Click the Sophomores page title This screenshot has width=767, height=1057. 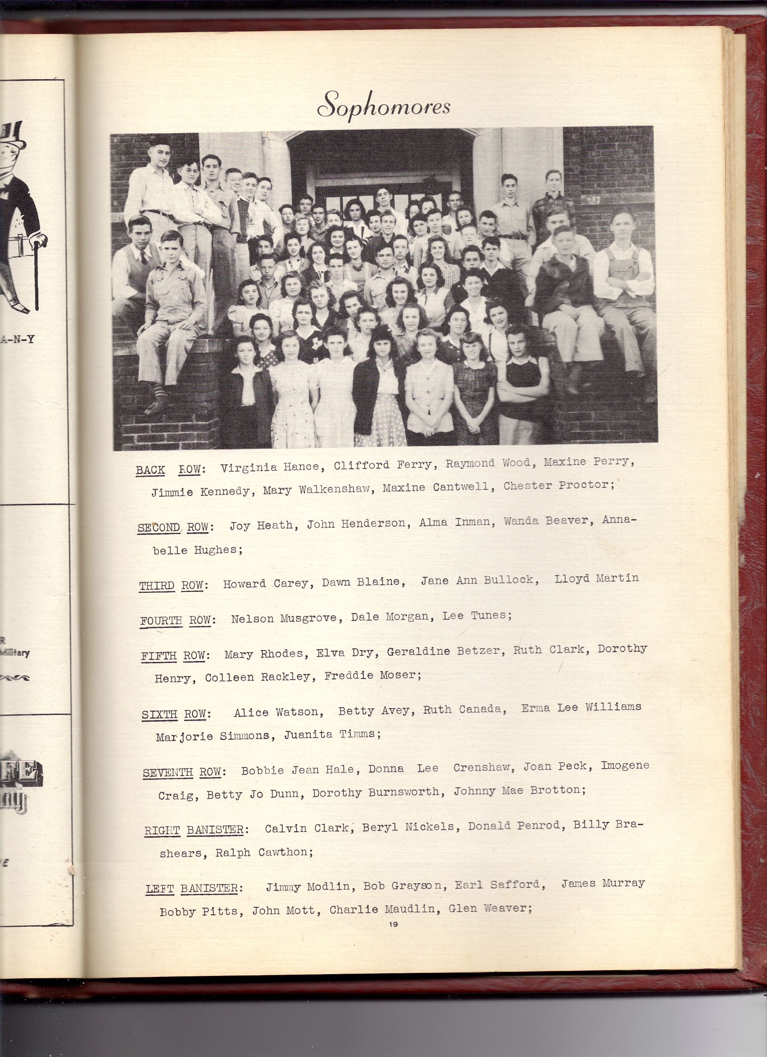pyautogui.click(x=384, y=105)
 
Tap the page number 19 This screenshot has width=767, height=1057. pyautogui.click(x=393, y=924)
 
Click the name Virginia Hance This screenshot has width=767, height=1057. pyautogui.click(x=270, y=467)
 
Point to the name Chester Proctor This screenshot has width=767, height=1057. pyautogui.click(x=559, y=485)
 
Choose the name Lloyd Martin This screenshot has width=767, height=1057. pyautogui.click(x=596, y=578)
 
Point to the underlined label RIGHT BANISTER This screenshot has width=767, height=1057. pyautogui.click(x=195, y=830)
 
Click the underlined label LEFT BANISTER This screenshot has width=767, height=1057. pyautogui.click(x=193, y=888)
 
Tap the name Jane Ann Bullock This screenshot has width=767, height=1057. pyautogui.click(x=480, y=580)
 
